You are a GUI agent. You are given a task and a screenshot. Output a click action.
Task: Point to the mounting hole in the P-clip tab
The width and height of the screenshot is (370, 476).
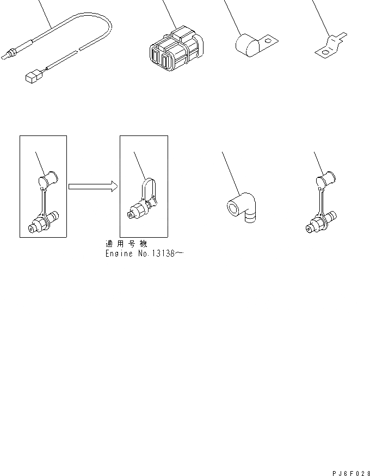pyautogui.click(x=267, y=39)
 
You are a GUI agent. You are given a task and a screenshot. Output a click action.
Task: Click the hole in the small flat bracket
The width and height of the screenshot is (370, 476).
pyautogui.click(x=324, y=52)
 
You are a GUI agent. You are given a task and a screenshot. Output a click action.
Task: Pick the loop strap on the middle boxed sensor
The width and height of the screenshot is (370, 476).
pyautogui.click(x=149, y=188)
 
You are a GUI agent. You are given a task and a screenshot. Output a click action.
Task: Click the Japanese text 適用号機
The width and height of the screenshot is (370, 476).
pyautogui.click(x=126, y=244)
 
